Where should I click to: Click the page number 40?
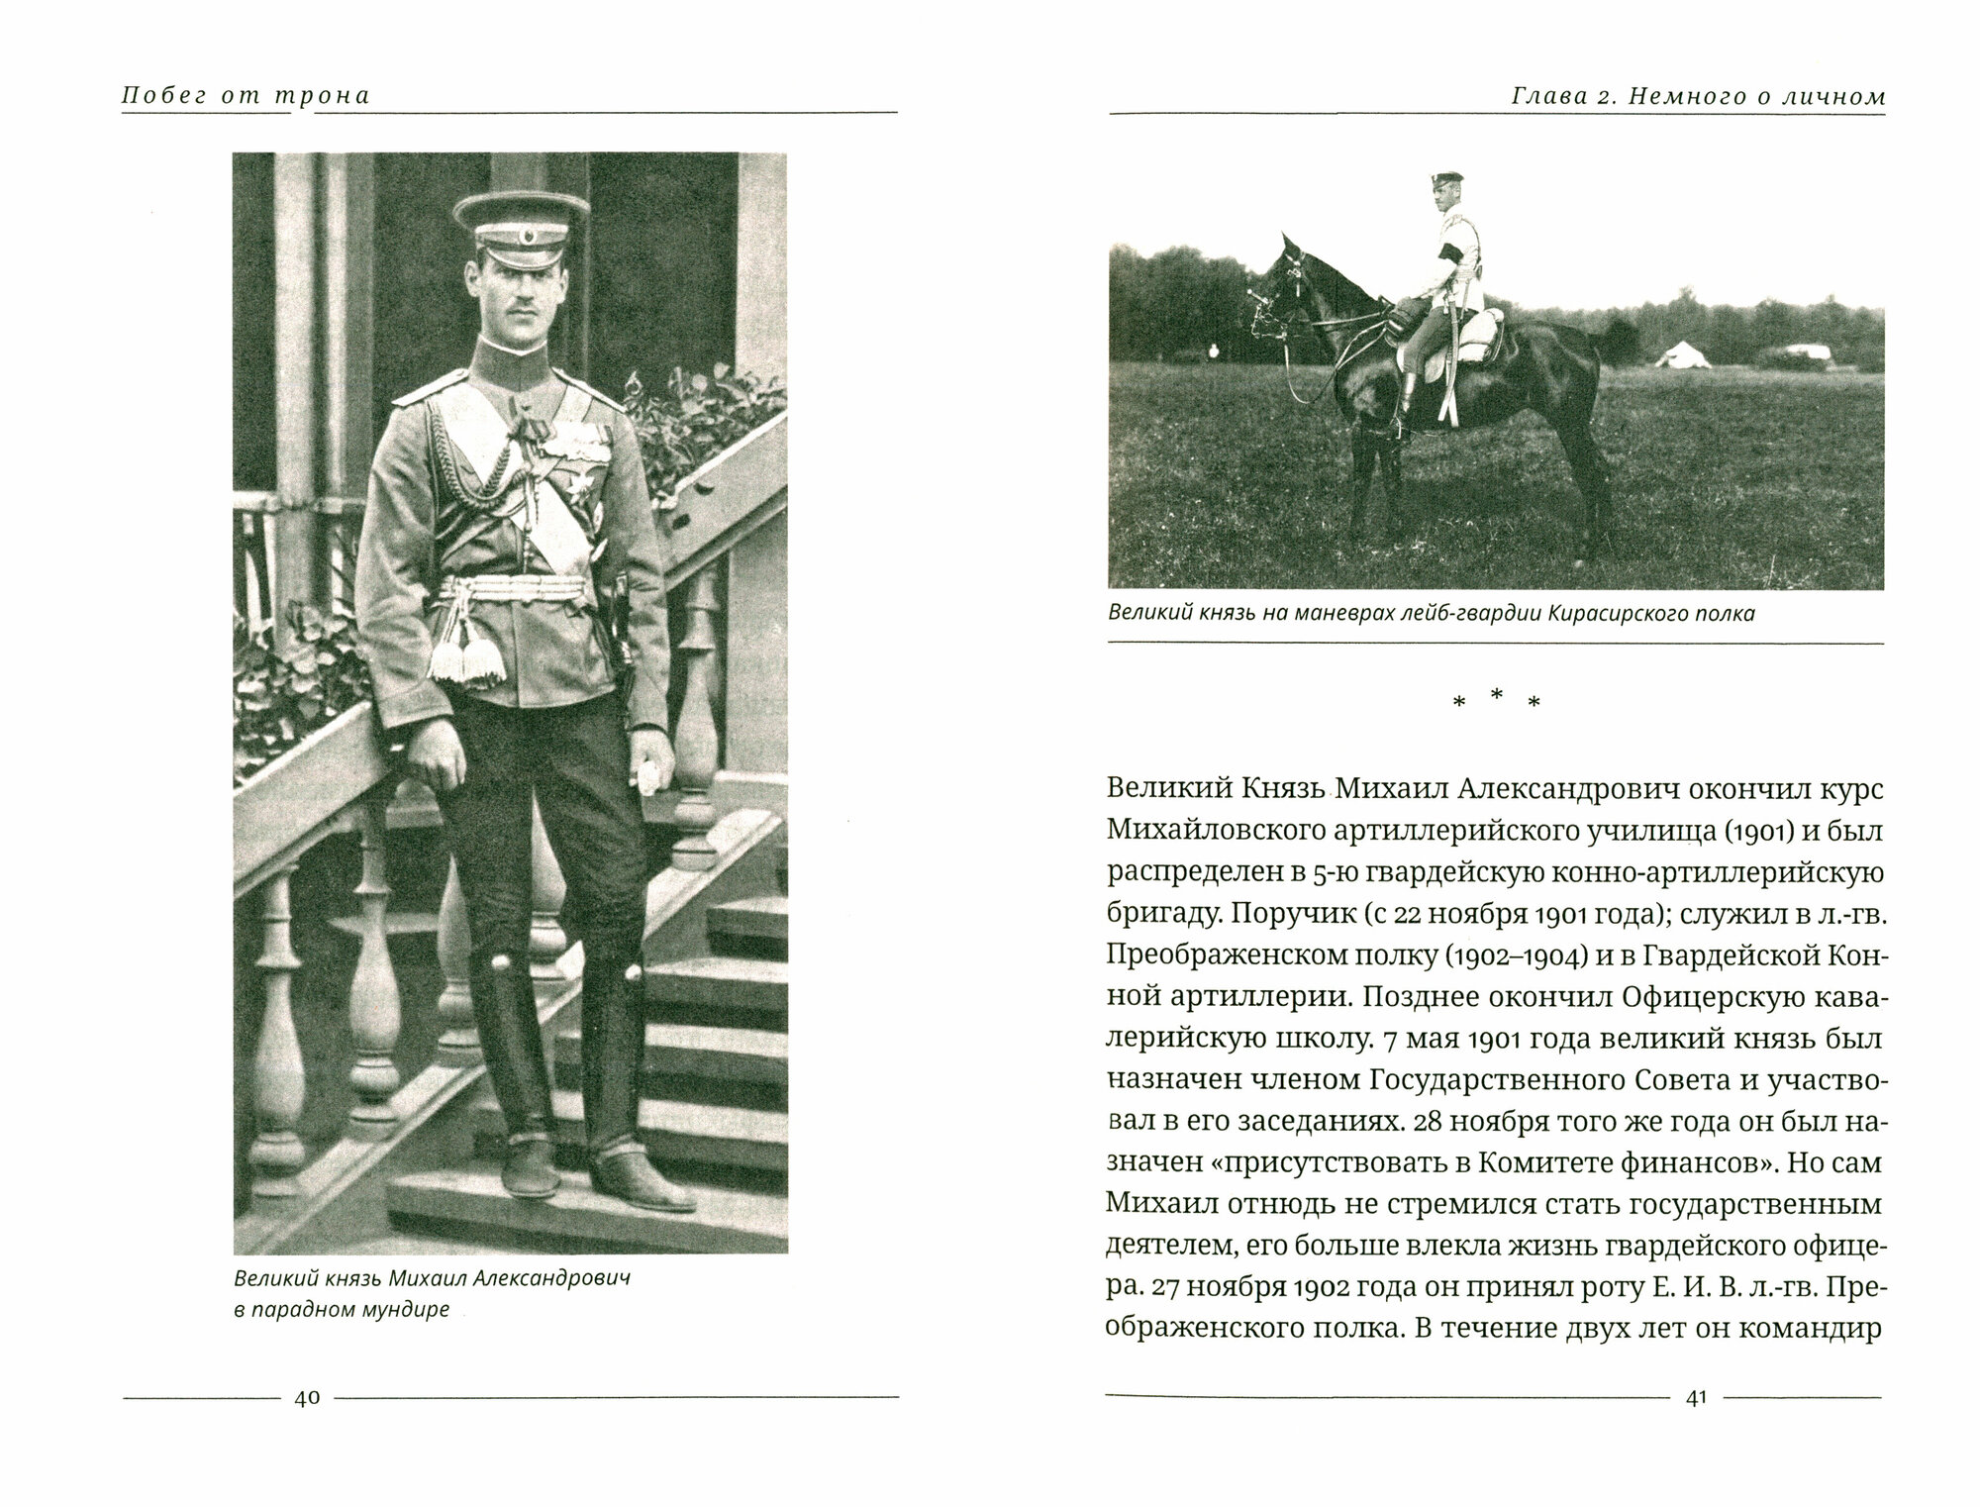click(306, 1398)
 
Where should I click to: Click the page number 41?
click(1696, 1398)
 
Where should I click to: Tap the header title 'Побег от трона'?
click(246, 96)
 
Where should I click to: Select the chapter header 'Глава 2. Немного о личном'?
click(1698, 97)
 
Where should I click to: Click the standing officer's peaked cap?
click(500, 216)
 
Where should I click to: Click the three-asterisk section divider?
click(1496, 701)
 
